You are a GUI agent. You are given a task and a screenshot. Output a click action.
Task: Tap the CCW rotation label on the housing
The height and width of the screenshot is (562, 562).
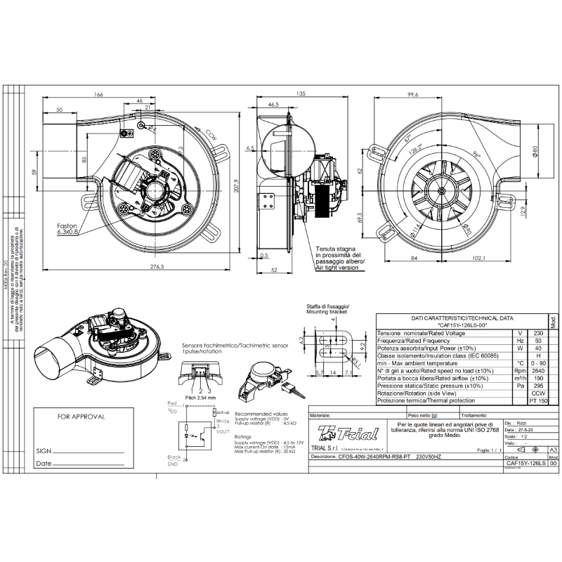click(x=211, y=133)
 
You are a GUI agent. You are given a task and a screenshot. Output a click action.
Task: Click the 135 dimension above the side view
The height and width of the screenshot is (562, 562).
click(x=301, y=93)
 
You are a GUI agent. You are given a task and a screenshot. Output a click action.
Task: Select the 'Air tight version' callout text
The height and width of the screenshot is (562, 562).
click(x=340, y=268)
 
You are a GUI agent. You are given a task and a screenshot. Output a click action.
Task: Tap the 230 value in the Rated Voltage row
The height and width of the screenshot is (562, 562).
click(x=539, y=333)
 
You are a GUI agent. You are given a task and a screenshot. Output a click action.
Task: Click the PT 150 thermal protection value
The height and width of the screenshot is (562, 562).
click(x=538, y=400)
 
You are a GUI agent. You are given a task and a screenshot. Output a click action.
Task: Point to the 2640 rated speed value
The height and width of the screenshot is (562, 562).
click(x=539, y=371)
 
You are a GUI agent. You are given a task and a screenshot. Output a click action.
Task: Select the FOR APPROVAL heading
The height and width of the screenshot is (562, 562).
click(x=81, y=416)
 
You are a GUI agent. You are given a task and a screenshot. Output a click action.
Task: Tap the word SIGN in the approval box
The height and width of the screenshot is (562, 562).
click(x=43, y=450)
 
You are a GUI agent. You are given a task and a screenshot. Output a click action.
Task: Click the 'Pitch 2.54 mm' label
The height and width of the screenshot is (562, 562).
click(x=200, y=397)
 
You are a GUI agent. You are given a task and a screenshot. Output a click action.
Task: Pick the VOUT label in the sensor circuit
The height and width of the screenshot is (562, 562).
click(x=222, y=431)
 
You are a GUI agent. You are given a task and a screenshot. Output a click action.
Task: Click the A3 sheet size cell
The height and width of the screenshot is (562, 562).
click(x=553, y=449)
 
